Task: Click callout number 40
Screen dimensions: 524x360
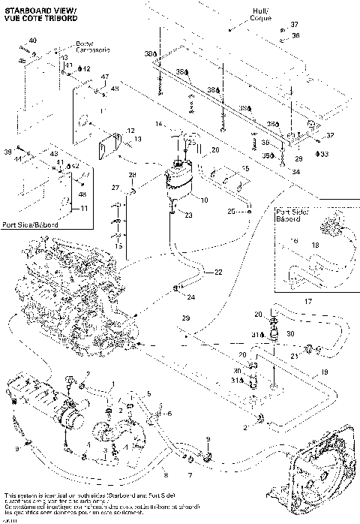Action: (x=32, y=40)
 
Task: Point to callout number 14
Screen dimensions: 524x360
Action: (x=159, y=122)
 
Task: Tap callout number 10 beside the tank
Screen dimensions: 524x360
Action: (x=205, y=200)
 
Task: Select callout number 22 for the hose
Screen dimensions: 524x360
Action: (x=218, y=271)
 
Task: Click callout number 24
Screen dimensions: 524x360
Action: (x=191, y=297)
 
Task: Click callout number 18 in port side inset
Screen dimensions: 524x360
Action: (x=315, y=245)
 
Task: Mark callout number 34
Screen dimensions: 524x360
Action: (x=295, y=171)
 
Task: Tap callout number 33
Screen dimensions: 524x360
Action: (x=324, y=154)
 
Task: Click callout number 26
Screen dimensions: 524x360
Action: (x=215, y=150)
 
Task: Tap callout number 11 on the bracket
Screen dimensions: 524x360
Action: (x=84, y=208)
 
